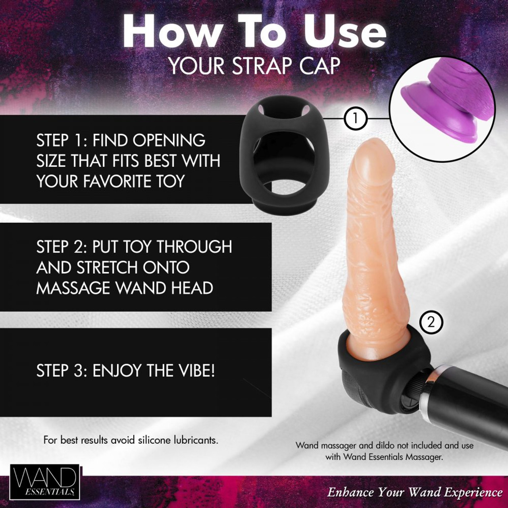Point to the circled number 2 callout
tap(430, 321)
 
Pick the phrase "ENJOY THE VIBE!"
tap(154, 371)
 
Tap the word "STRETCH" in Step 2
tap(104, 267)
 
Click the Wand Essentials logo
tap(44, 483)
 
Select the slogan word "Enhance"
tap(350, 493)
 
